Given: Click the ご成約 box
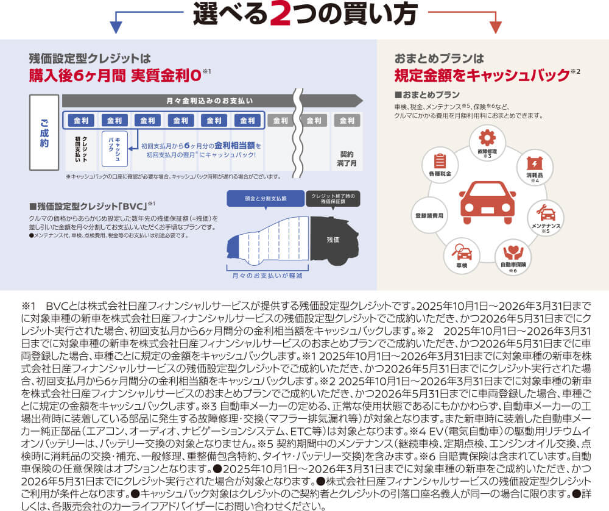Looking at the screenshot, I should (44, 132).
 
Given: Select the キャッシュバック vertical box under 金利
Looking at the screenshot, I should (114, 148).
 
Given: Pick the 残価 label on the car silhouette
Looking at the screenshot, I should (333, 240).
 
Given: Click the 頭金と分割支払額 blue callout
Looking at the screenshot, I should (266, 199).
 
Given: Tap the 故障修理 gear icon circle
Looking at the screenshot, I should (487, 141).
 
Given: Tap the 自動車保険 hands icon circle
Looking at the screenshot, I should (512, 254).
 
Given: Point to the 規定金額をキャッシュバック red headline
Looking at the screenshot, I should (482, 76).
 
